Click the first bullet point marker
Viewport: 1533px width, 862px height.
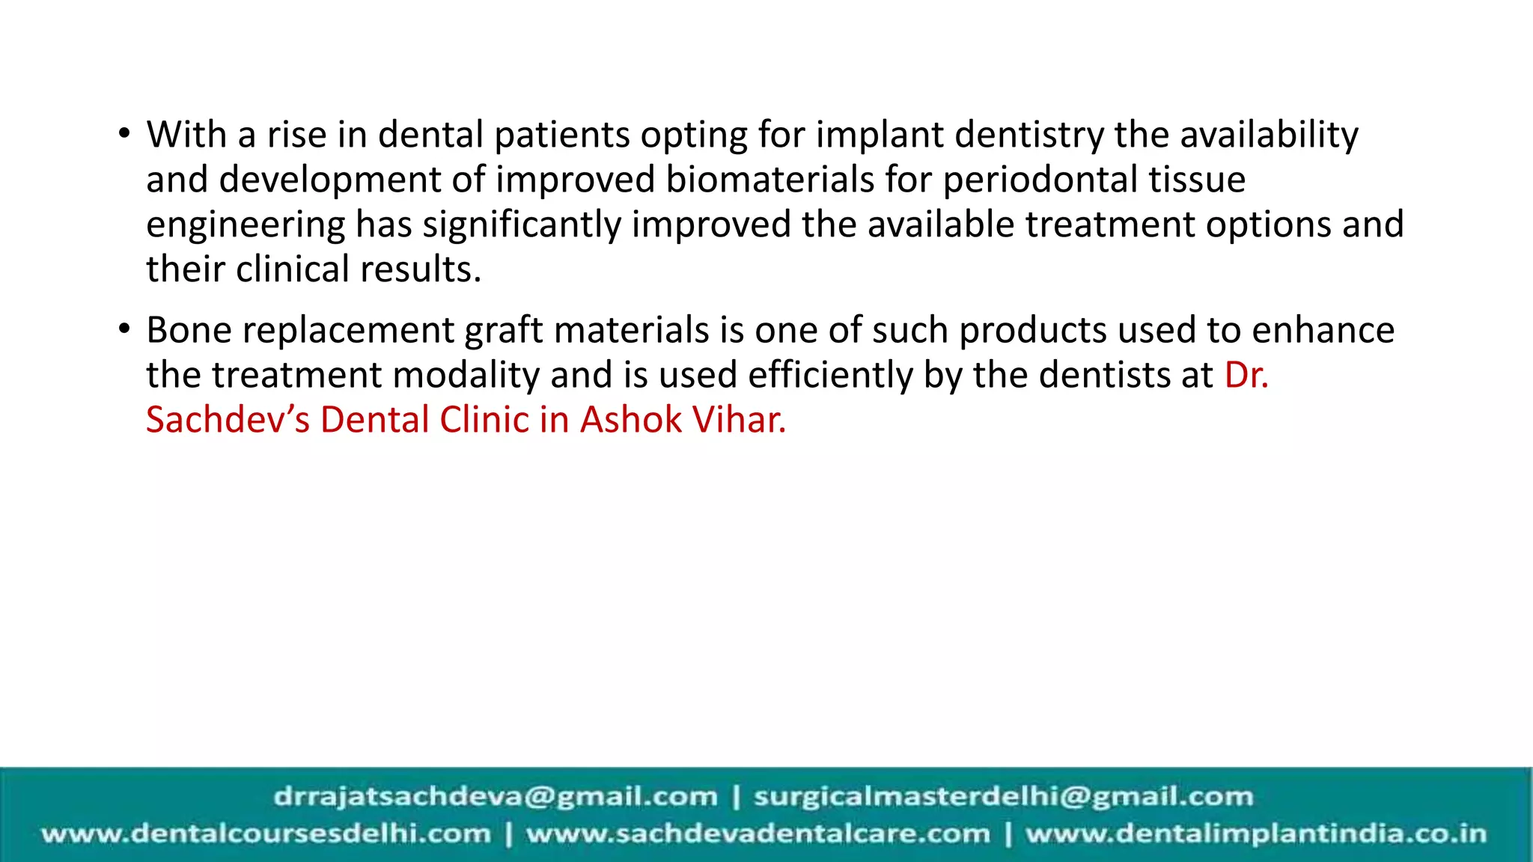[x=124, y=135]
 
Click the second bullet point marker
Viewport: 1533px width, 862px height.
[x=124, y=330]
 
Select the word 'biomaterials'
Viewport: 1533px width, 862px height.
[x=769, y=180]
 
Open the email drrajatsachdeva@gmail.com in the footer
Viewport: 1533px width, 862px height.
[x=496, y=797]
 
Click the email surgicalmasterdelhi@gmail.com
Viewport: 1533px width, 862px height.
[x=1003, y=797]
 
